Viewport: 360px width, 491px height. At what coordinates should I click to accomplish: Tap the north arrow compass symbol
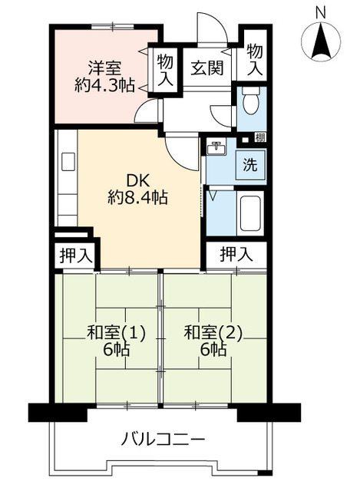321,41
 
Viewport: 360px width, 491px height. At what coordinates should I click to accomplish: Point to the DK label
137,181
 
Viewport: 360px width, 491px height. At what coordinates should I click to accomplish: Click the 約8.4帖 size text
138,198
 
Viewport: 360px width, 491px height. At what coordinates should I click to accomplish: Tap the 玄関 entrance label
207,68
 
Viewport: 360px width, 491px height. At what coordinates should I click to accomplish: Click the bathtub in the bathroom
251,212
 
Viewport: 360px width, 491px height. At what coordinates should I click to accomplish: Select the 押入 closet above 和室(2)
236,254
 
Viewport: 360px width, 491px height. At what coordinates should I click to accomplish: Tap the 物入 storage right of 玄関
254,57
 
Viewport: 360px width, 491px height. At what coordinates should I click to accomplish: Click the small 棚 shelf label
261,139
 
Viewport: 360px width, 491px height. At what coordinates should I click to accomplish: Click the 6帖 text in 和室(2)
214,350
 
